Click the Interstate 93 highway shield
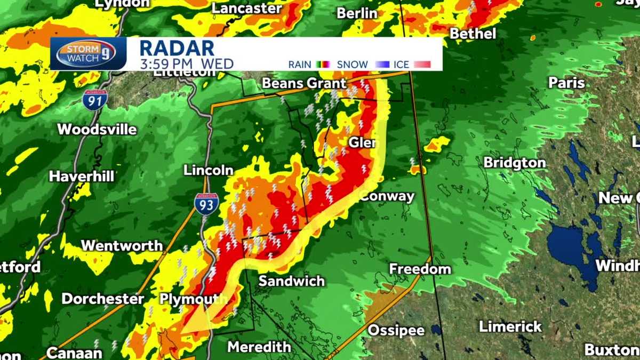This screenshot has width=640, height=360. [205, 204]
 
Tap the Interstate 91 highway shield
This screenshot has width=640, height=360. [94, 100]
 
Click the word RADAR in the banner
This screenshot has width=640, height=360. [177, 48]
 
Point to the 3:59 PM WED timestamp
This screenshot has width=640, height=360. [187, 65]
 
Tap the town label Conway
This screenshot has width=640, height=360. [387, 196]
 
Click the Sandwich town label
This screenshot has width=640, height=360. [292, 281]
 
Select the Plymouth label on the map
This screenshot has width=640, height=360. [186, 299]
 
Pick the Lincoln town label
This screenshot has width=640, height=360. [209, 170]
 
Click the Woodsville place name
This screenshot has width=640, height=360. [97, 129]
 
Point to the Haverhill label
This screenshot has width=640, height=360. [82, 176]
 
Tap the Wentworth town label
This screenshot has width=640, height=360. [122, 245]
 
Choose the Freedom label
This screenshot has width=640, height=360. [420, 269]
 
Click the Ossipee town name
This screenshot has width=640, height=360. [396, 330]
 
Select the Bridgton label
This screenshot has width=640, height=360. [515, 163]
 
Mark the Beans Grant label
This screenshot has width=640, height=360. [305, 83]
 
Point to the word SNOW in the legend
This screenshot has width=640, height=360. [352, 65]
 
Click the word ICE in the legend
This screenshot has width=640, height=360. [401, 65]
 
